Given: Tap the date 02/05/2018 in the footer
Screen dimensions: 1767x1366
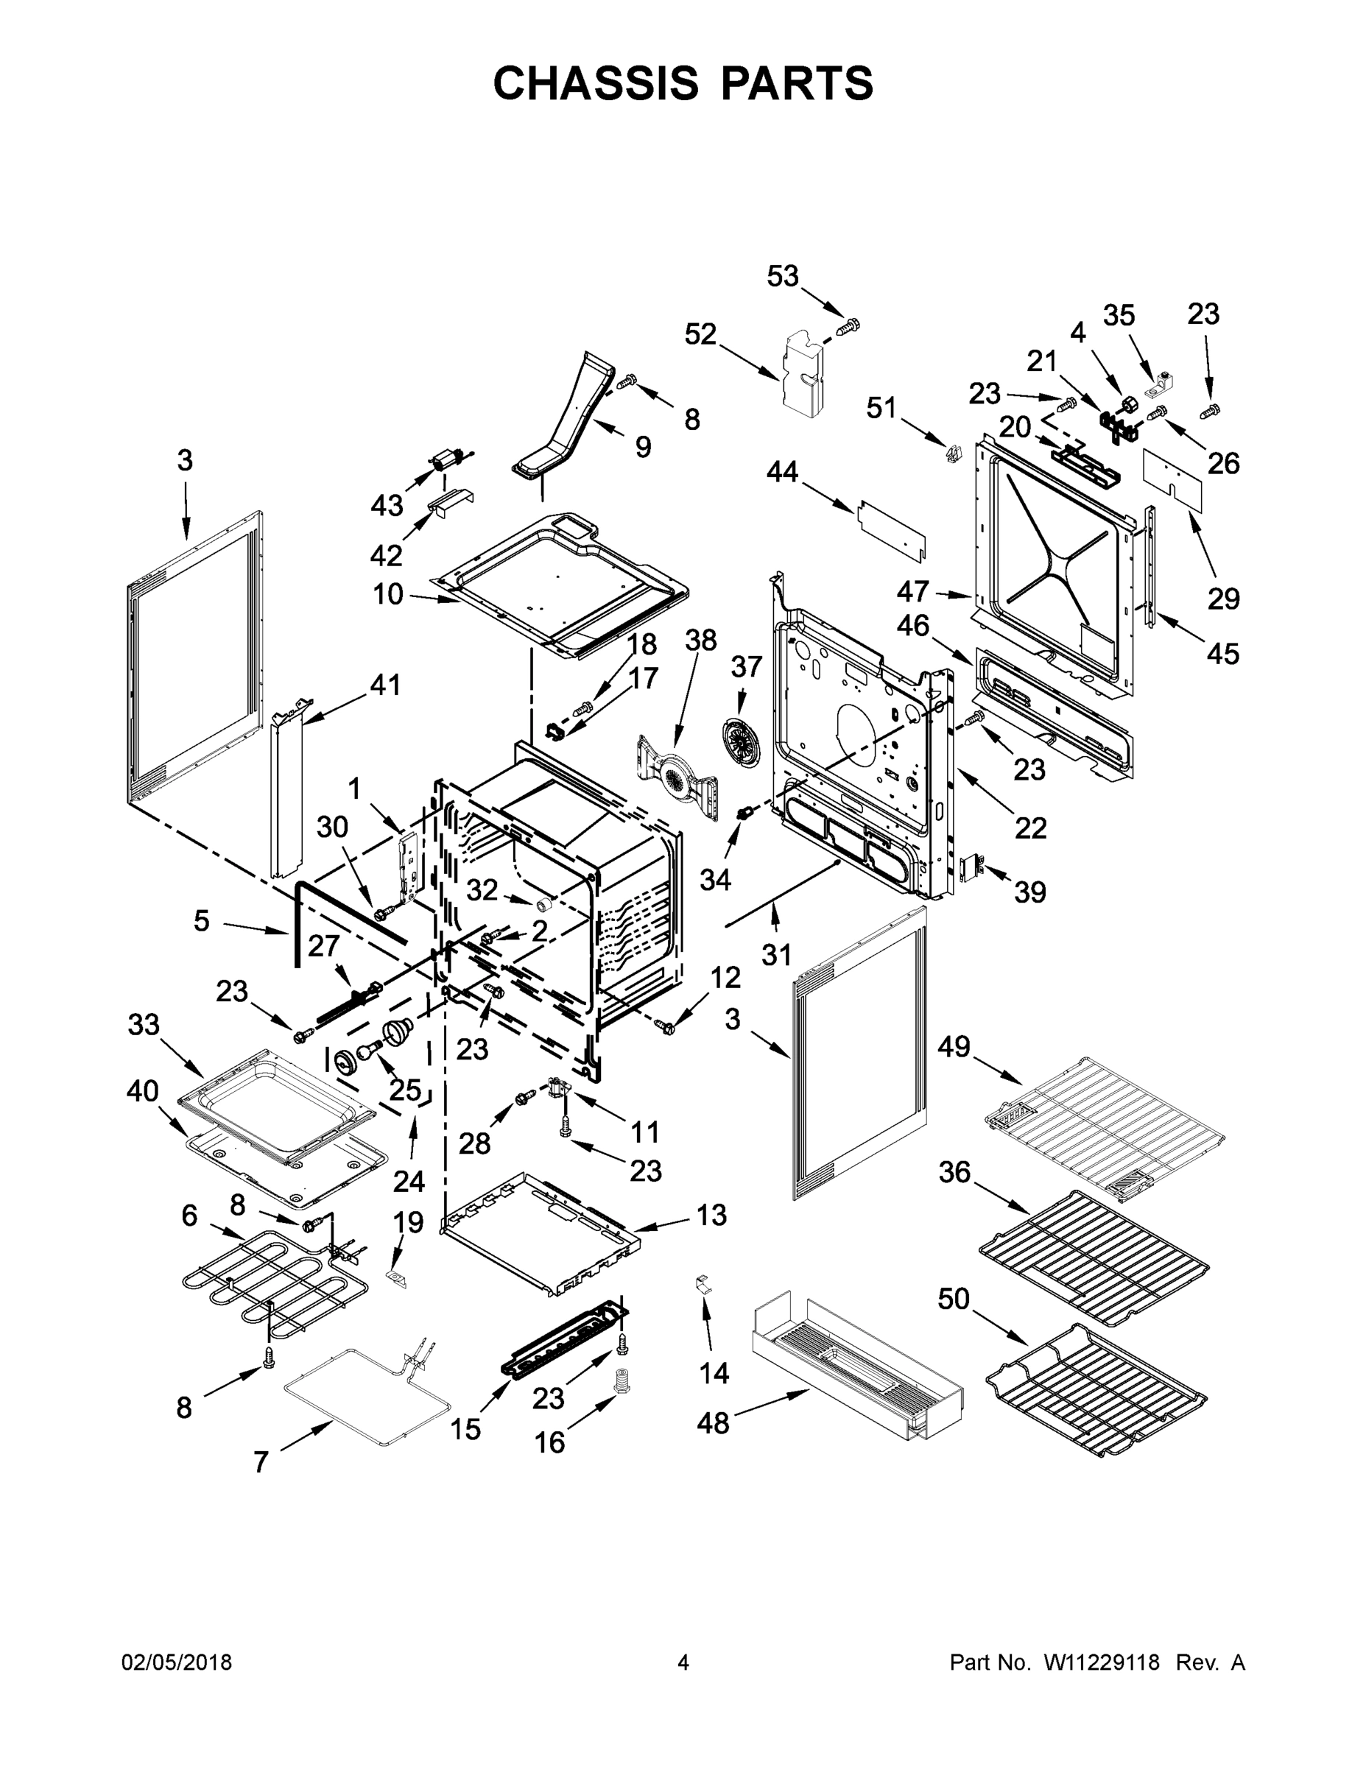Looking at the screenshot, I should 177,1662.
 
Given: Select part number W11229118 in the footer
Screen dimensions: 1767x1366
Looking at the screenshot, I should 1102,1662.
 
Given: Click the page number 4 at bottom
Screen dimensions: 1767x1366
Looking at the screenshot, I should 683,1662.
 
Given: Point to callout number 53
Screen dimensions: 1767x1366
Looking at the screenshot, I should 783,277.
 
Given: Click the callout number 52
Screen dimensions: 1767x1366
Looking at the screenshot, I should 701,334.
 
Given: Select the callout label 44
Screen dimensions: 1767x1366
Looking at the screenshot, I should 783,472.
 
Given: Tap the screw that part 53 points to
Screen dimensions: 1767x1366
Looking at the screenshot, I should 848,327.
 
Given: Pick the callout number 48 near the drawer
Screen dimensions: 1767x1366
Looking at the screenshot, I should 713,1423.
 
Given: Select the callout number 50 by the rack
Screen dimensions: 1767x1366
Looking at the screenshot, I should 954,1299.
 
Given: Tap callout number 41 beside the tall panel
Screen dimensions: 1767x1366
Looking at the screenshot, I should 385,685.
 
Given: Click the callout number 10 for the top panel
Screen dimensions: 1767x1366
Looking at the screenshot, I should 387,595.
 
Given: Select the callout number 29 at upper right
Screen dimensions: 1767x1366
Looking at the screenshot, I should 1224,599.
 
